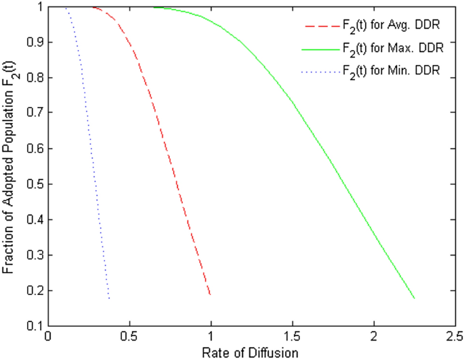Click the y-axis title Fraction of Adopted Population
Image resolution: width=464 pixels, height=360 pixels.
tap(9, 166)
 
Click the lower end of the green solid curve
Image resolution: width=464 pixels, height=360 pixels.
tap(414, 298)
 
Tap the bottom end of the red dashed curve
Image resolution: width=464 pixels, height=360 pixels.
tap(211, 295)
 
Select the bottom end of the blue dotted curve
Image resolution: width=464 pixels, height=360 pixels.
tap(109, 298)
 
